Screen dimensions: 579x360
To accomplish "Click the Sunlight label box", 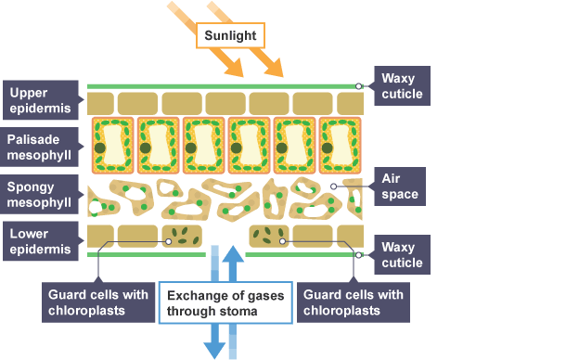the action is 230,35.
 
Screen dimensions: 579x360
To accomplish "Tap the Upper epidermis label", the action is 41,100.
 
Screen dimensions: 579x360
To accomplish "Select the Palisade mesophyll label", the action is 39,147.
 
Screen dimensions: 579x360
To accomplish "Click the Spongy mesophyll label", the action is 39,194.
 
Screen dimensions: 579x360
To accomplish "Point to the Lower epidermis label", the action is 41,241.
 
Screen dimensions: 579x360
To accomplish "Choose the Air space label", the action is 400,186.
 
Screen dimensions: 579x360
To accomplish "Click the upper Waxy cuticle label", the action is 402,85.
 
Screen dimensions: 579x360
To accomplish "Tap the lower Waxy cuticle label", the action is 402,255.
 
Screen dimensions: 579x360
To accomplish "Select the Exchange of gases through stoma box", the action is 225,302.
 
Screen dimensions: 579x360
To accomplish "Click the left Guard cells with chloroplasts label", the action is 98,302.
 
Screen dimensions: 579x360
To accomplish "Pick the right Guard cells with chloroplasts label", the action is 354,302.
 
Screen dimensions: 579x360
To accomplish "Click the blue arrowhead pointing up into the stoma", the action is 233,254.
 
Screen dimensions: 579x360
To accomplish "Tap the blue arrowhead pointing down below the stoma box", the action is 214,351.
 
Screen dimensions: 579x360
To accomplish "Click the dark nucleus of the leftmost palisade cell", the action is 100,148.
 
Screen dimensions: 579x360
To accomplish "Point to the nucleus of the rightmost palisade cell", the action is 328,148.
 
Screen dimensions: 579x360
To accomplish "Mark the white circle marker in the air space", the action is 333,186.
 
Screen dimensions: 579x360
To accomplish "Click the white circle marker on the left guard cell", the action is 168,241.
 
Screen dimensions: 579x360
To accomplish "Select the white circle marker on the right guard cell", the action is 282,241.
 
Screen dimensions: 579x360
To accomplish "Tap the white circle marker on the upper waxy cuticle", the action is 358,86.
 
